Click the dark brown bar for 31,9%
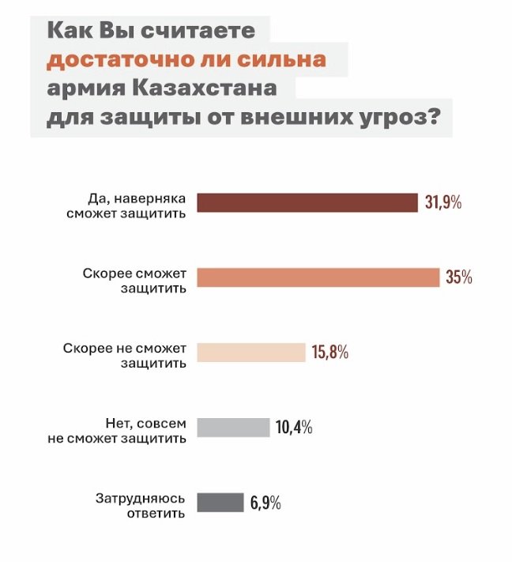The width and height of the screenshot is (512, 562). click(x=307, y=202)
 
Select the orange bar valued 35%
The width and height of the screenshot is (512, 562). click(x=318, y=277)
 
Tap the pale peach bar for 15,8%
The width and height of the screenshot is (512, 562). click(x=250, y=353)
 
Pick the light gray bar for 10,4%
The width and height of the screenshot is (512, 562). click(x=233, y=428)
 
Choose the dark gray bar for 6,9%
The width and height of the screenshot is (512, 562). click(x=220, y=503)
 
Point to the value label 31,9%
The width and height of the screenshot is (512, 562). click(x=442, y=202)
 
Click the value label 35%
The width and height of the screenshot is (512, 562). click(x=458, y=277)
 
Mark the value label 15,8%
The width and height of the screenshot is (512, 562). click(x=329, y=353)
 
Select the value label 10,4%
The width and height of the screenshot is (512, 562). click(x=294, y=428)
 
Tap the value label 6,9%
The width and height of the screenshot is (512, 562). click(x=265, y=503)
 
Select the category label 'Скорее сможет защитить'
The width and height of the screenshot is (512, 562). click(x=135, y=281)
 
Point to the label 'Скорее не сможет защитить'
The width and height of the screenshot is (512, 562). click(x=125, y=356)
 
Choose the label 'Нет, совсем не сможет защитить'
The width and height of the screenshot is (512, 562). click(x=119, y=430)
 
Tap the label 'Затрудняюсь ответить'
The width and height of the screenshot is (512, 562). click(x=141, y=506)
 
